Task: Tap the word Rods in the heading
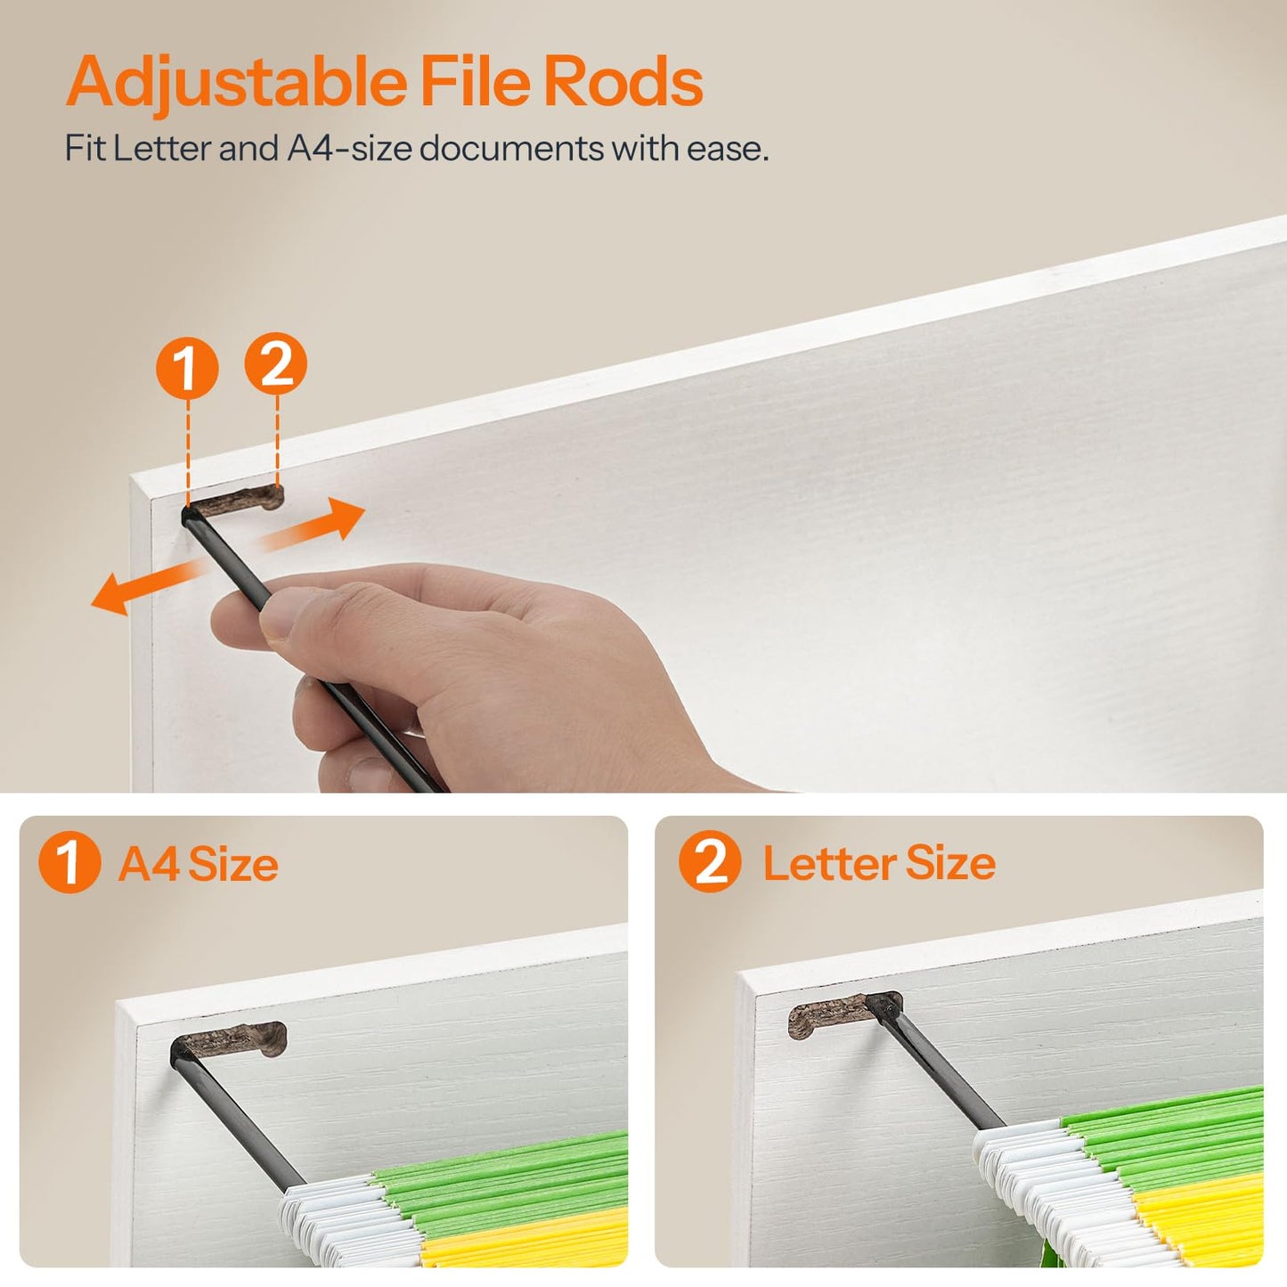click(623, 81)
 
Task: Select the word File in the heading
click(475, 80)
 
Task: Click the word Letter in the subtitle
click(162, 148)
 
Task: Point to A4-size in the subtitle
click(349, 148)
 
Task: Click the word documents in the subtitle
click(511, 148)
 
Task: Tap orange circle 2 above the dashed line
click(276, 364)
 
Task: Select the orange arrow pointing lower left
click(149, 586)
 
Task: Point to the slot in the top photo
click(233, 501)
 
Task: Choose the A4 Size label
click(199, 864)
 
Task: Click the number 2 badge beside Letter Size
click(710, 861)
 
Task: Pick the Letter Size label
click(879, 864)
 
